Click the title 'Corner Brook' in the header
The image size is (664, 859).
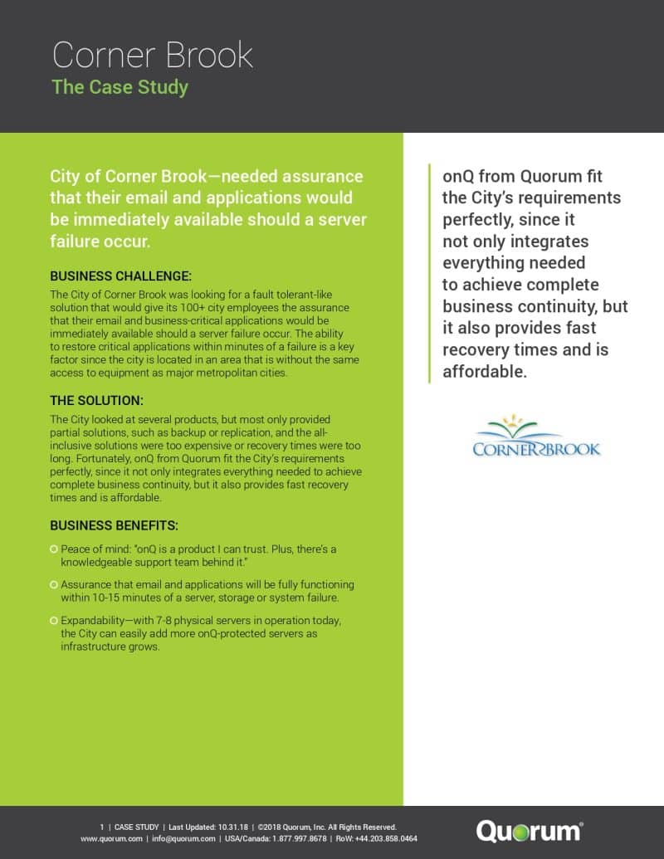[153, 54]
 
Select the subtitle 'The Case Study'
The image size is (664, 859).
[120, 86]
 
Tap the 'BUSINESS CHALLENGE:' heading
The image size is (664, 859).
[121, 276]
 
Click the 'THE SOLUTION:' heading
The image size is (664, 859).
[97, 400]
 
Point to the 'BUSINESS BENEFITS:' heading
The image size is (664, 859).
[115, 525]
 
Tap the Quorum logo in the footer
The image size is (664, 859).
[530, 832]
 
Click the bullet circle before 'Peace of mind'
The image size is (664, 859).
[54, 549]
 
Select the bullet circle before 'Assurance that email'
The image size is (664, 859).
[54, 584]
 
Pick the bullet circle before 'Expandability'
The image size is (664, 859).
[54, 620]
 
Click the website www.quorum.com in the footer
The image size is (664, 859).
[112, 839]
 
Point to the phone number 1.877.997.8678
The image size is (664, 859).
[293, 839]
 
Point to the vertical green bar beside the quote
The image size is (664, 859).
[429, 274]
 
